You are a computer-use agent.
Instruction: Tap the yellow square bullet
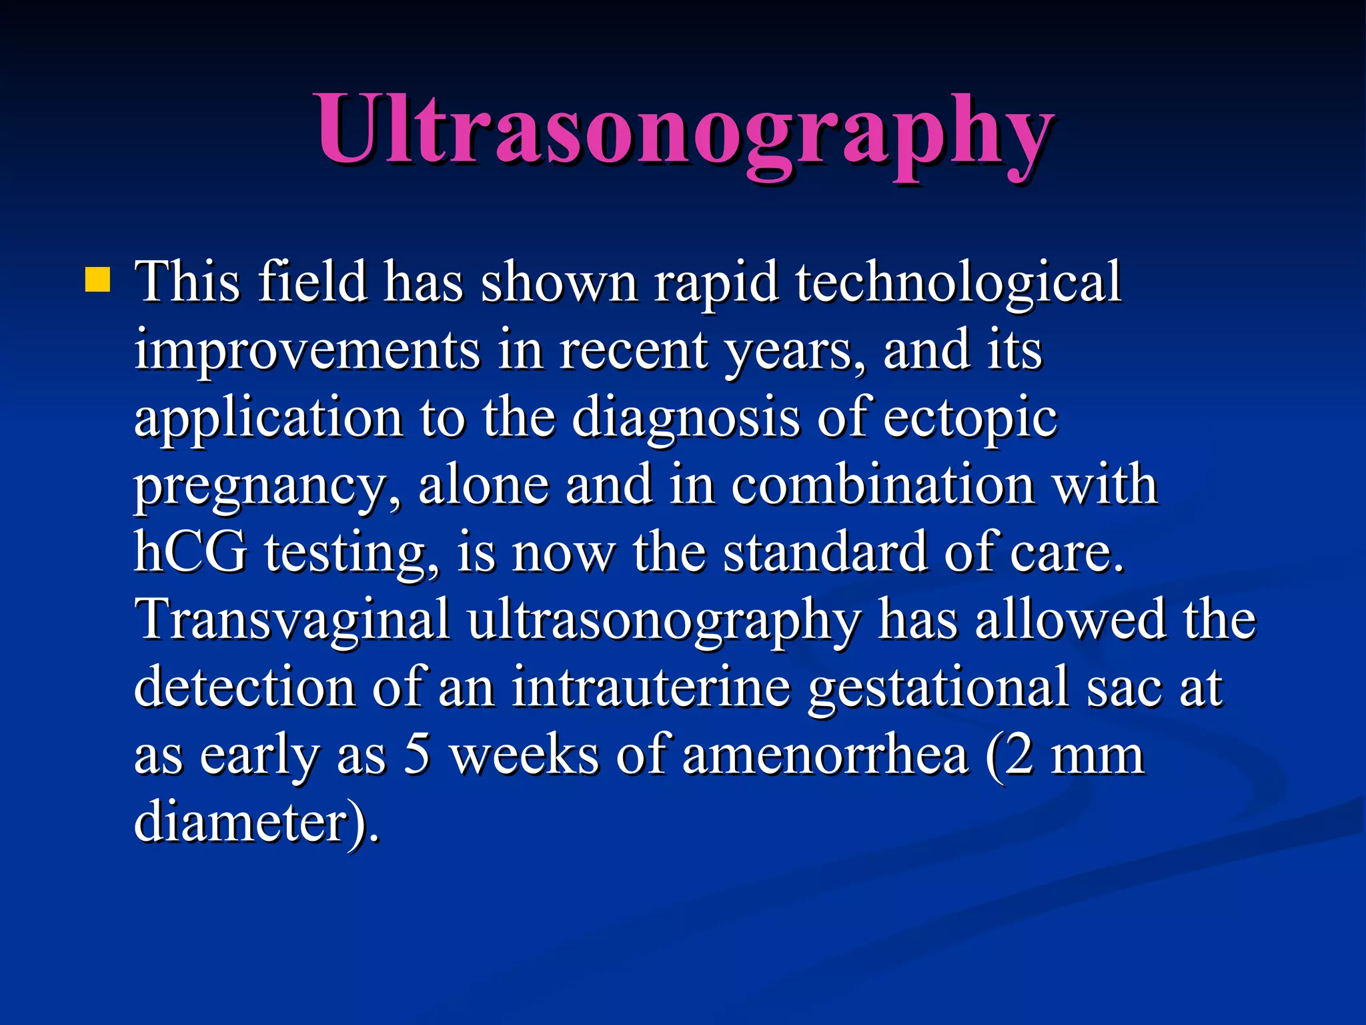pyautogui.click(x=97, y=280)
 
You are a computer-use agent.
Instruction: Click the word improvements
pyautogui.click(x=307, y=351)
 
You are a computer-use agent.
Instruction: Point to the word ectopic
pyautogui.click(x=970, y=420)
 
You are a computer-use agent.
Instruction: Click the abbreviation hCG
pyautogui.click(x=190, y=553)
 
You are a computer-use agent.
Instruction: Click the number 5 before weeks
pyautogui.click(x=417, y=755)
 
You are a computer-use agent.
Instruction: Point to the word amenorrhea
pyautogui.click(x=825, y=755)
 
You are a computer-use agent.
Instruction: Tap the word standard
pyautogui.click(x=824, y=553)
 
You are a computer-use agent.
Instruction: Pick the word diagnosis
pyautogui.click(x=686, y=420)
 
